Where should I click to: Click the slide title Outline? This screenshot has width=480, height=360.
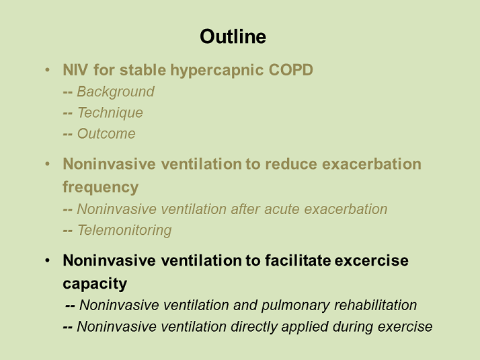tap(233, 37)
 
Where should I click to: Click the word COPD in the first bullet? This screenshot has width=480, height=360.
tap(291, 70)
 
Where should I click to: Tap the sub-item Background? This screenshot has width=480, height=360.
tap(116, 92)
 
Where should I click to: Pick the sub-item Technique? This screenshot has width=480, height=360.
tap(110, 113)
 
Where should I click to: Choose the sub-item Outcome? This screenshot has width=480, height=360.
tap(106, 134)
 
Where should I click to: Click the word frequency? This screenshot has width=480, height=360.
tap(100, 188)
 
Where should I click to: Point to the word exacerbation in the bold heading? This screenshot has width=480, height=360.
tap(372, 164)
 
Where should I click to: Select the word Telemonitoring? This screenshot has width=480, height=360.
tap(124, 230)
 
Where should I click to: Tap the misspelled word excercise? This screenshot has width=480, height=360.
tap(372, 260)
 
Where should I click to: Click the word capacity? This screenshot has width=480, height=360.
tap(95, 284)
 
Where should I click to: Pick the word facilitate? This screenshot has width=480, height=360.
tap(298, 260)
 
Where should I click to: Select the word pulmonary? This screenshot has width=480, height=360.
tap(295, 305)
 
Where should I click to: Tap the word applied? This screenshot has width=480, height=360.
tap(305, 327)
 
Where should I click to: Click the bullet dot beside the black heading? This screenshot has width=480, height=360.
tap(47, 260)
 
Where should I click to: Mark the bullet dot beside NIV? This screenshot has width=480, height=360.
tap(47, 70)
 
